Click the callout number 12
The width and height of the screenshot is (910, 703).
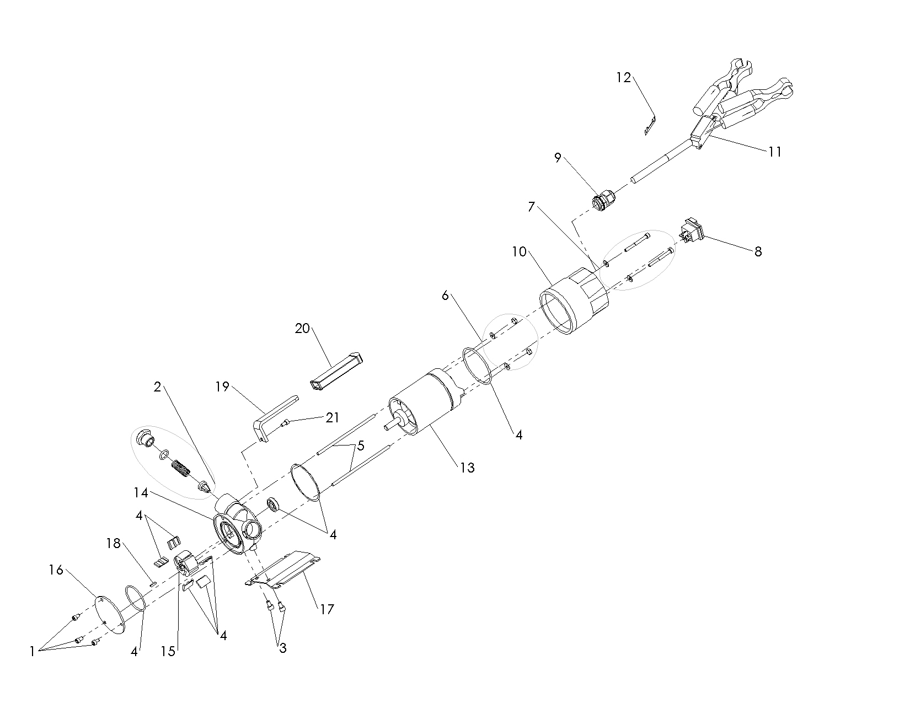click(x=623, y=78)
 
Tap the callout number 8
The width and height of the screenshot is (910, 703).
click(x=758, y=251)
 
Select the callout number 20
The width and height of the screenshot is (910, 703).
click(x=302, y=329)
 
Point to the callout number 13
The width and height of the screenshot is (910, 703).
click(x=467, y=468)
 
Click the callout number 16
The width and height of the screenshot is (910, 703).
click(x=56, y=570)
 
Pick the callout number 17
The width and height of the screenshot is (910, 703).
click(x=327, y=609)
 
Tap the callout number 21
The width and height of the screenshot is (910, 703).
click(x=333, y=418)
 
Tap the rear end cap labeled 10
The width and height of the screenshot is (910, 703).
click(x=574, y=300)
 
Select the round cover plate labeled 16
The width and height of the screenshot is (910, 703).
click(x=109, y=613)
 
